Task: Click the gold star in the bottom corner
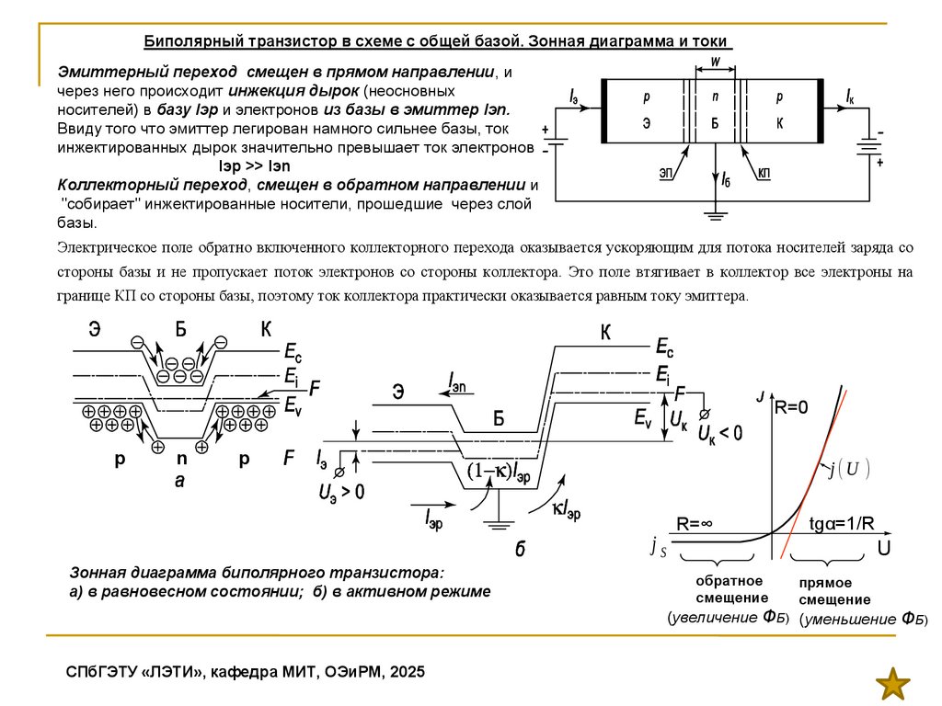pos(891,684)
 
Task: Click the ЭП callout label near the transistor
pos(666,173)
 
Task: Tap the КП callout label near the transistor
pos(764,173)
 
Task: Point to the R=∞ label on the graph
pos(695,524)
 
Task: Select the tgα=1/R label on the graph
pos(841,524)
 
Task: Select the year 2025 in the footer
pos(408,672)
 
